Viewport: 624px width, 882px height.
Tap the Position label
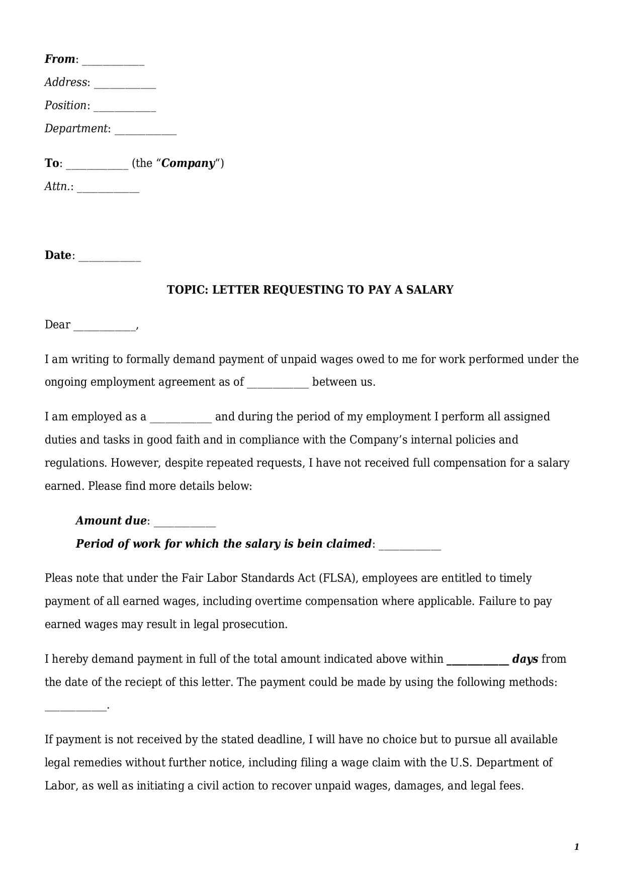(x=65, y=106)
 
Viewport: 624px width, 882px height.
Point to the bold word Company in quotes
(x=189, y=163)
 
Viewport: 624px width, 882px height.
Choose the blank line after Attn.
(x=108, y=189)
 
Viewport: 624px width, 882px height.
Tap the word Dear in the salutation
(x=57, y=325)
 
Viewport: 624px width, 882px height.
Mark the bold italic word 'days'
(x=525, y=659)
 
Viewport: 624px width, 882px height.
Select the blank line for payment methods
(x=75, y=708)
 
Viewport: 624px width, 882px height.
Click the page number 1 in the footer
(x=577, y=847)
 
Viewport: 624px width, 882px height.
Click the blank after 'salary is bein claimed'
(x=409, y=547)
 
